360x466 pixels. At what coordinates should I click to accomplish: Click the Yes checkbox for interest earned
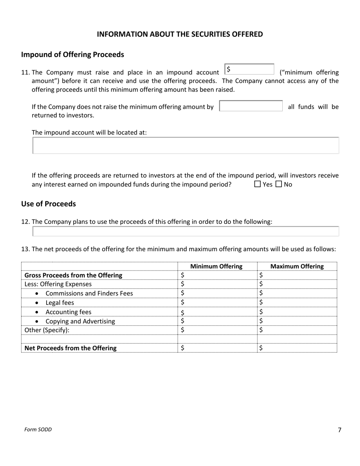click(258, 185)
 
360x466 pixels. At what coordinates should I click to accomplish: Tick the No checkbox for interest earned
click(279, 185)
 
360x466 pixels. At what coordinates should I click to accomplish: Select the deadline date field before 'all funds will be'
click(251, 106)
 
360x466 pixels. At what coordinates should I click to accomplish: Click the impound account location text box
click(186, 145)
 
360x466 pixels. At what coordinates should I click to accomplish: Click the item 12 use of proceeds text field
click(186, 231)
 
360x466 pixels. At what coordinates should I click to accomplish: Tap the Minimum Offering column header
click(216, 266)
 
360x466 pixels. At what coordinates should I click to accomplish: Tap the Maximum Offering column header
click(297, 266)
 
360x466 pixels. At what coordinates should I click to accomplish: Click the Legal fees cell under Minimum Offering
click(217, 302)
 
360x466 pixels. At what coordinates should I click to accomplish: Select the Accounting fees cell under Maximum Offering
click(297, 312)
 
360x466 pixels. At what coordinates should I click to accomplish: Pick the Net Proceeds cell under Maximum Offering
click(297, 348)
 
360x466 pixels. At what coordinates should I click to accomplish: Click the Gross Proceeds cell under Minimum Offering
click(217, 275)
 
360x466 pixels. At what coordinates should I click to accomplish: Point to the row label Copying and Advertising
click(80, 321)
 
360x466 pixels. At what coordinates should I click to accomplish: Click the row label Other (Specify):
click(47, 330)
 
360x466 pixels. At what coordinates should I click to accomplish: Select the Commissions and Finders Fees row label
click(89, 293)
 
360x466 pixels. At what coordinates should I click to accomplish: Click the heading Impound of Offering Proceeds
click(72, 55)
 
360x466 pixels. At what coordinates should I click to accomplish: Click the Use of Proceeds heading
click(49, 204)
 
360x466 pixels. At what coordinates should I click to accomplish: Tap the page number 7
click(339, 430)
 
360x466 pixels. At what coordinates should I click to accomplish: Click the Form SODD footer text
click(38, 430)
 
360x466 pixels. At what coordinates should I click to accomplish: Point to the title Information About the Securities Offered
click(180, 34)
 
